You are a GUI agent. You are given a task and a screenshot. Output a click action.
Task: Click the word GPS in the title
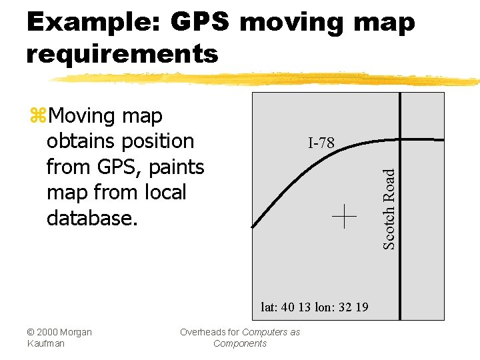[x=201, y=23]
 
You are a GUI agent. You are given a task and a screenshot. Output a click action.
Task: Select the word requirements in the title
[x=122, y=53]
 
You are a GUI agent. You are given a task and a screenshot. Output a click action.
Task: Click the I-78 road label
[x=321, y=143]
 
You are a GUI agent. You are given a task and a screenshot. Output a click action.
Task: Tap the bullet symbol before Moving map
[x=37, y=116]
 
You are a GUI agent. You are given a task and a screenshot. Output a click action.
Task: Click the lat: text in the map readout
[x=269, y=307]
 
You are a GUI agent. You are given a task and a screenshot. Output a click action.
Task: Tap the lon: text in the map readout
[x=326, y=307]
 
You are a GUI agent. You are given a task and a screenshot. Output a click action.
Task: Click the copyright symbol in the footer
[x=31, y=332]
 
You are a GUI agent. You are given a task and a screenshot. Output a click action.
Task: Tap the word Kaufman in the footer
[x=45, y=343]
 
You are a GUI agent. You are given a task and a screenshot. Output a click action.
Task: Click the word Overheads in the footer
[x=204, y=332]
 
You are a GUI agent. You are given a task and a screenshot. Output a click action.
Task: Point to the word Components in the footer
[x=239, y=343]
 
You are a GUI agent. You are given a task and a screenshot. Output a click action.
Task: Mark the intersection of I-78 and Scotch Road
[x=399, y=139]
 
